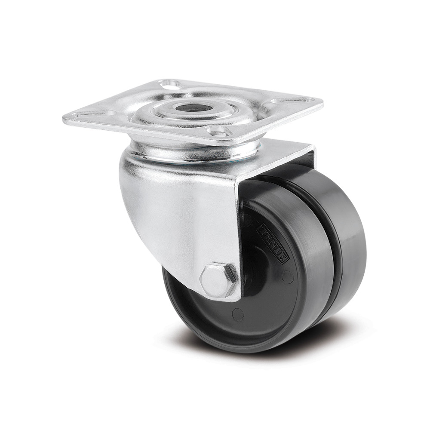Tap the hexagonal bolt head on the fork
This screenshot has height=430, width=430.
pos(219,280)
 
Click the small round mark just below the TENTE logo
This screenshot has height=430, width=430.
pos(289,278)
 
